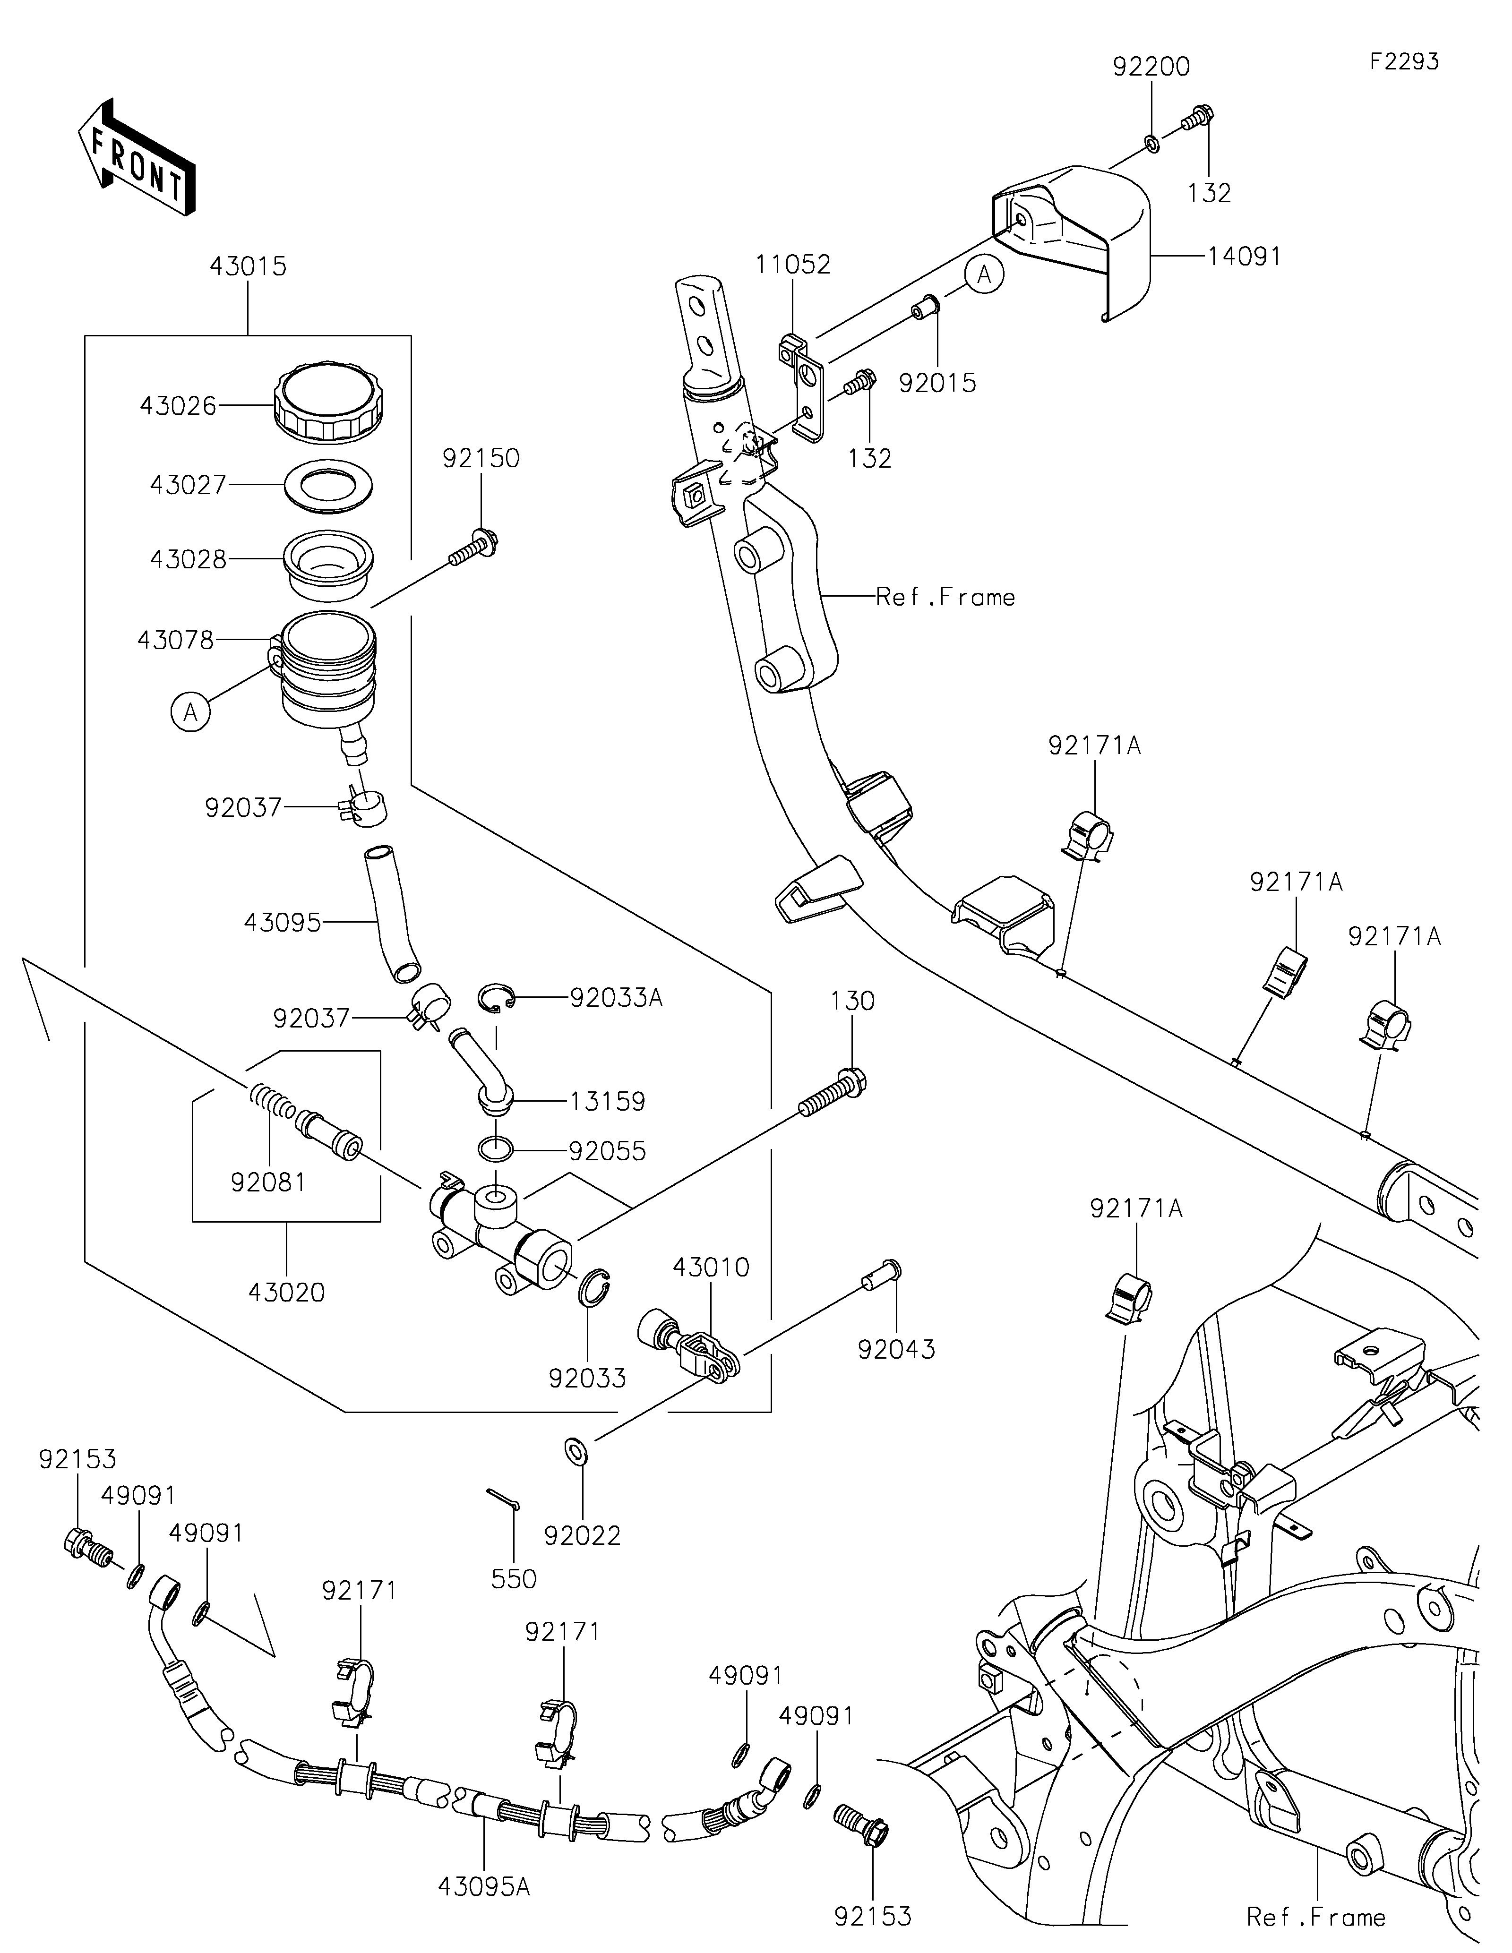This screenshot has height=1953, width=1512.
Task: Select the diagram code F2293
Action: pyautogui.click(x=1404, y=62)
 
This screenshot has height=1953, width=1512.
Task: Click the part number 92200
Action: pyautogui.click(x=1151, y=67)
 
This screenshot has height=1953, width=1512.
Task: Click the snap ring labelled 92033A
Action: pyautogui.click(x=496, y=998)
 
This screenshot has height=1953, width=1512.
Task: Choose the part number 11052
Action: pyautogui.click(x=792, y=265)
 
